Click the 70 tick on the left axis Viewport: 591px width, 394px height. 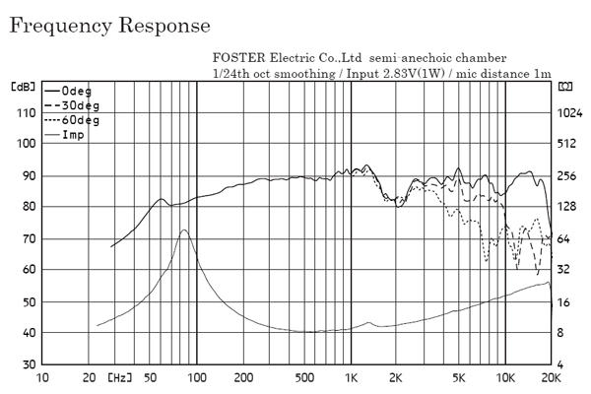[23, 238]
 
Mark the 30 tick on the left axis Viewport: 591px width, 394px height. [23, 364]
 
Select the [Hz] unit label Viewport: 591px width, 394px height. [119, 377]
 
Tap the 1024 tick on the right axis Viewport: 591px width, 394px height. [570, 112]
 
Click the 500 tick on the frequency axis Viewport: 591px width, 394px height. [305, 377]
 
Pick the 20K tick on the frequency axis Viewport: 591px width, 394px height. [552, 377]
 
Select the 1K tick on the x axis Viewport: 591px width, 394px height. [351, 377]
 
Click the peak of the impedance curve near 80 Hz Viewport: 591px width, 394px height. [183, 230]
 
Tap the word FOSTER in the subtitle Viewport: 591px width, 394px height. [236, 58]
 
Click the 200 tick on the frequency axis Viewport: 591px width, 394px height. [243, 377]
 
